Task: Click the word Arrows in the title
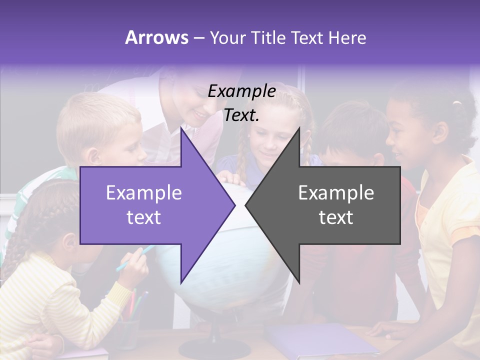[156, 37]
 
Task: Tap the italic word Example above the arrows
[242, 91]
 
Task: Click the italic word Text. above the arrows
[242, 115]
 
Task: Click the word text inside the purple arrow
[144, 217]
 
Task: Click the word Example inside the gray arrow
[336, 193]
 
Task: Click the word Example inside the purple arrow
[144, 193]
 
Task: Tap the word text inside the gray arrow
[336, 217]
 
